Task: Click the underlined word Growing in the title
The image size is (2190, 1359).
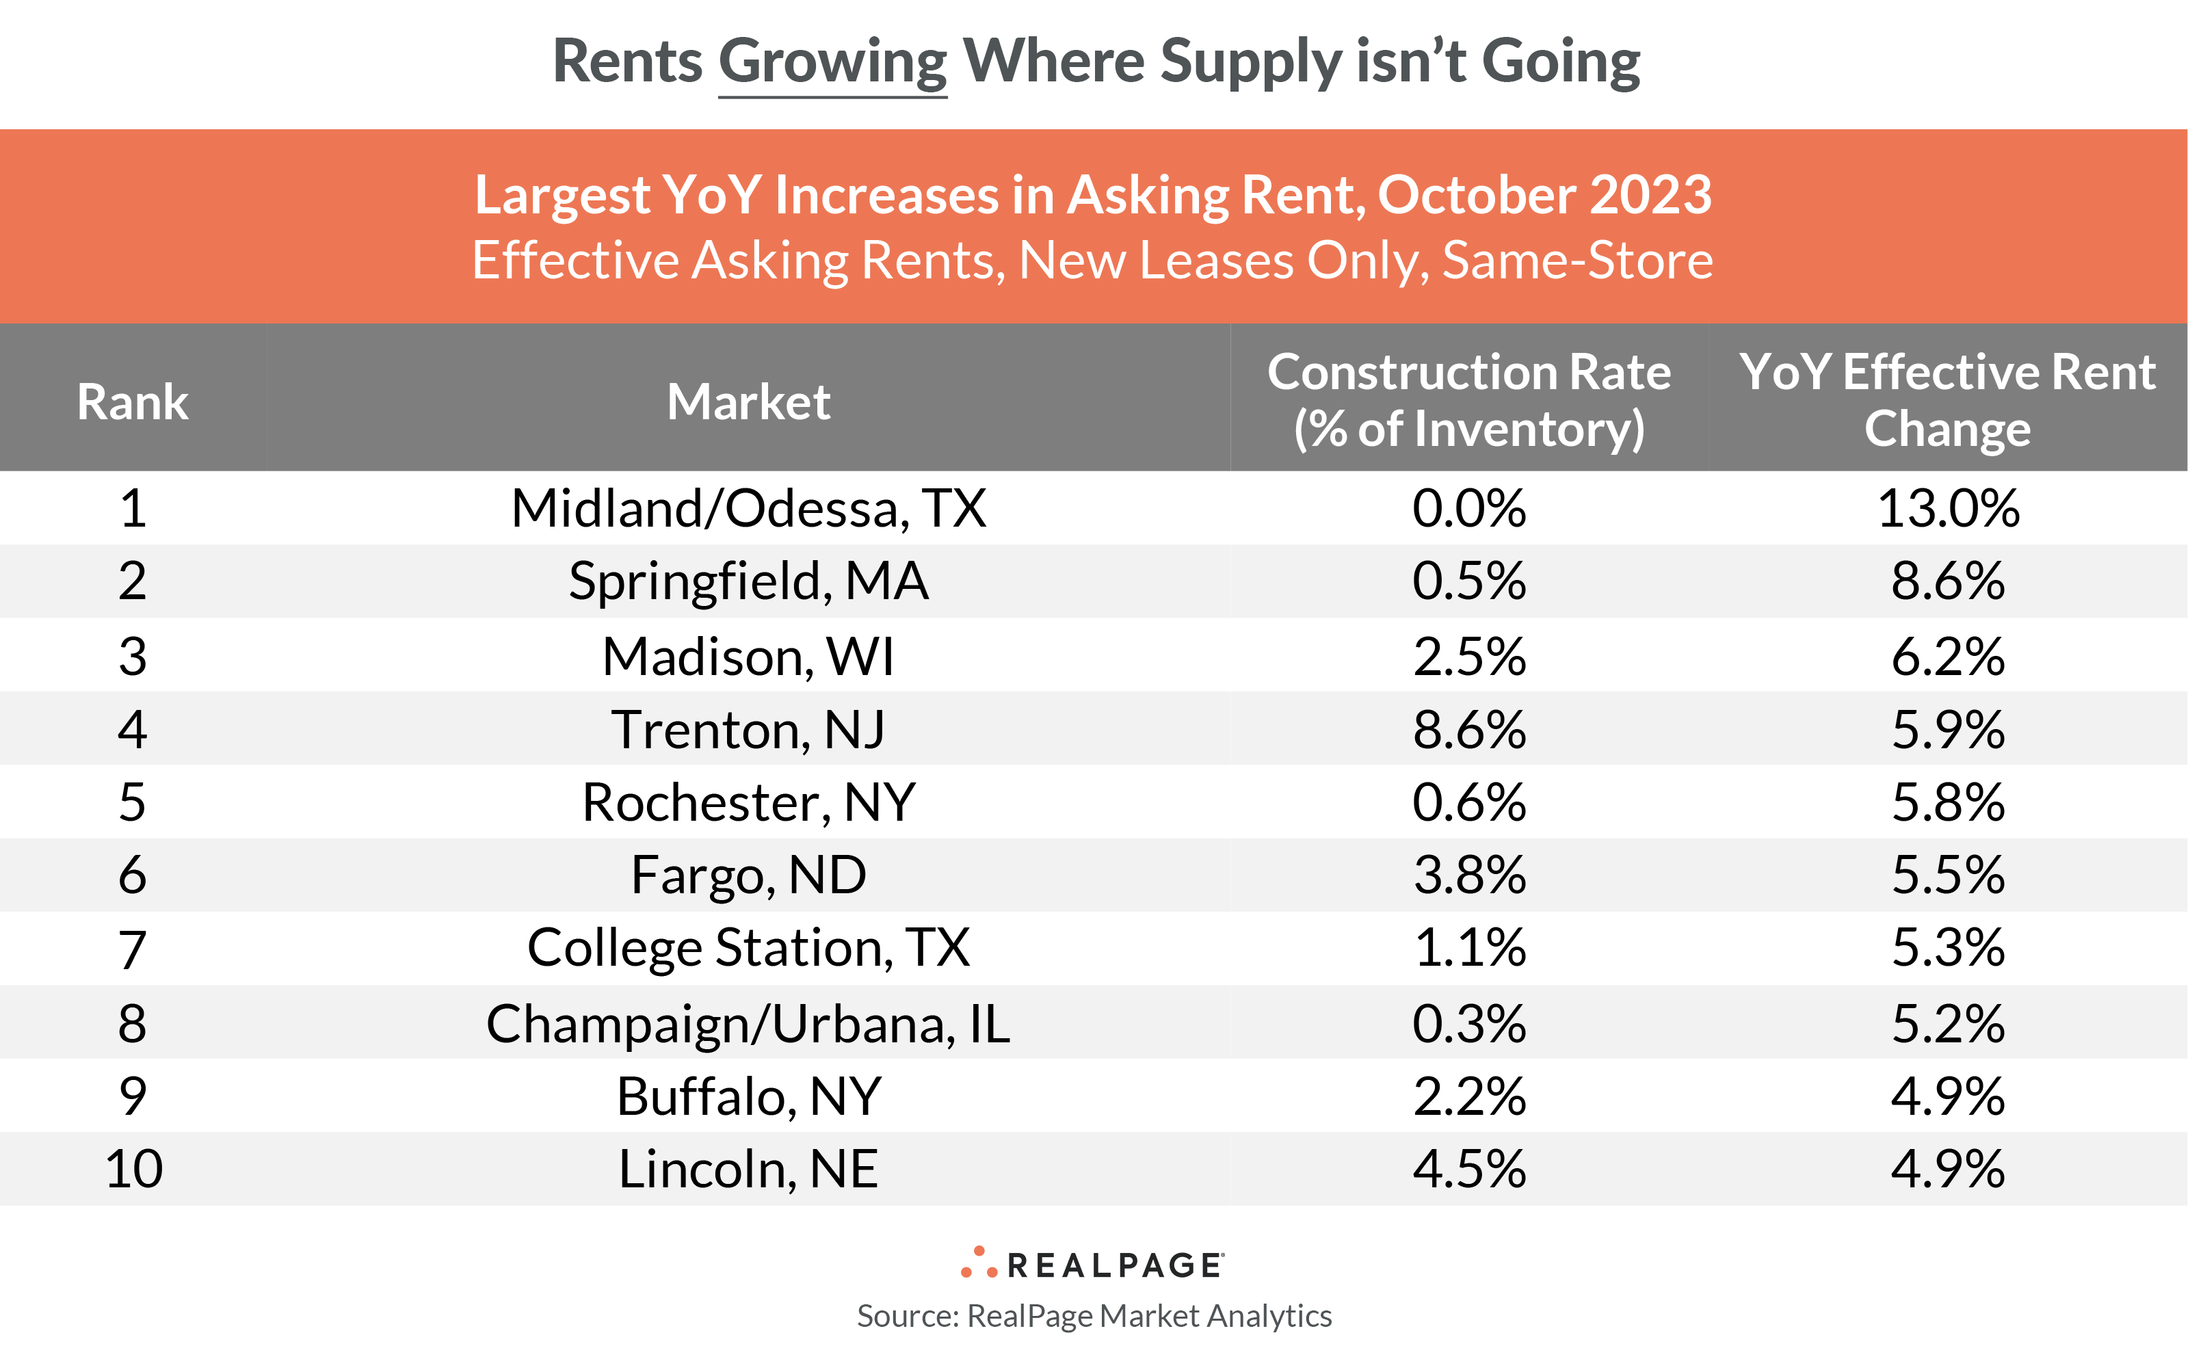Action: coord(832,63)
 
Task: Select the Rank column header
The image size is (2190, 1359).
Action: coord(133,401)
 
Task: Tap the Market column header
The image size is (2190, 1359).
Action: coord(748,401)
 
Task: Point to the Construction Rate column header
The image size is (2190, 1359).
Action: coord(1468,400)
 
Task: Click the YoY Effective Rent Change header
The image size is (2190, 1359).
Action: coord(1947,400)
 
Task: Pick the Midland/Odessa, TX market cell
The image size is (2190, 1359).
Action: coord(748,509)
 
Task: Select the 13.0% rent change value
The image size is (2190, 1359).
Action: coord(1947,509)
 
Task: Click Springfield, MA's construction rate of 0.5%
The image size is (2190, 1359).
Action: coord(1468,581)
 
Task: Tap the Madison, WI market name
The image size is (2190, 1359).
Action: coord(748,656)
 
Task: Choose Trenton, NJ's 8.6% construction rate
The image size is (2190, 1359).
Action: coord(1468,729)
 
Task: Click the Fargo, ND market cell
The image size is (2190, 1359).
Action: coord(748,875)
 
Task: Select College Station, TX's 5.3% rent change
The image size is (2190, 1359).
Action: coord(1947,948)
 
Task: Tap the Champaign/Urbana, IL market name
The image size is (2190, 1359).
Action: coord(748,1024)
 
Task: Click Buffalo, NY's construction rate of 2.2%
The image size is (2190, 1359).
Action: coord(1468,1096)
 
